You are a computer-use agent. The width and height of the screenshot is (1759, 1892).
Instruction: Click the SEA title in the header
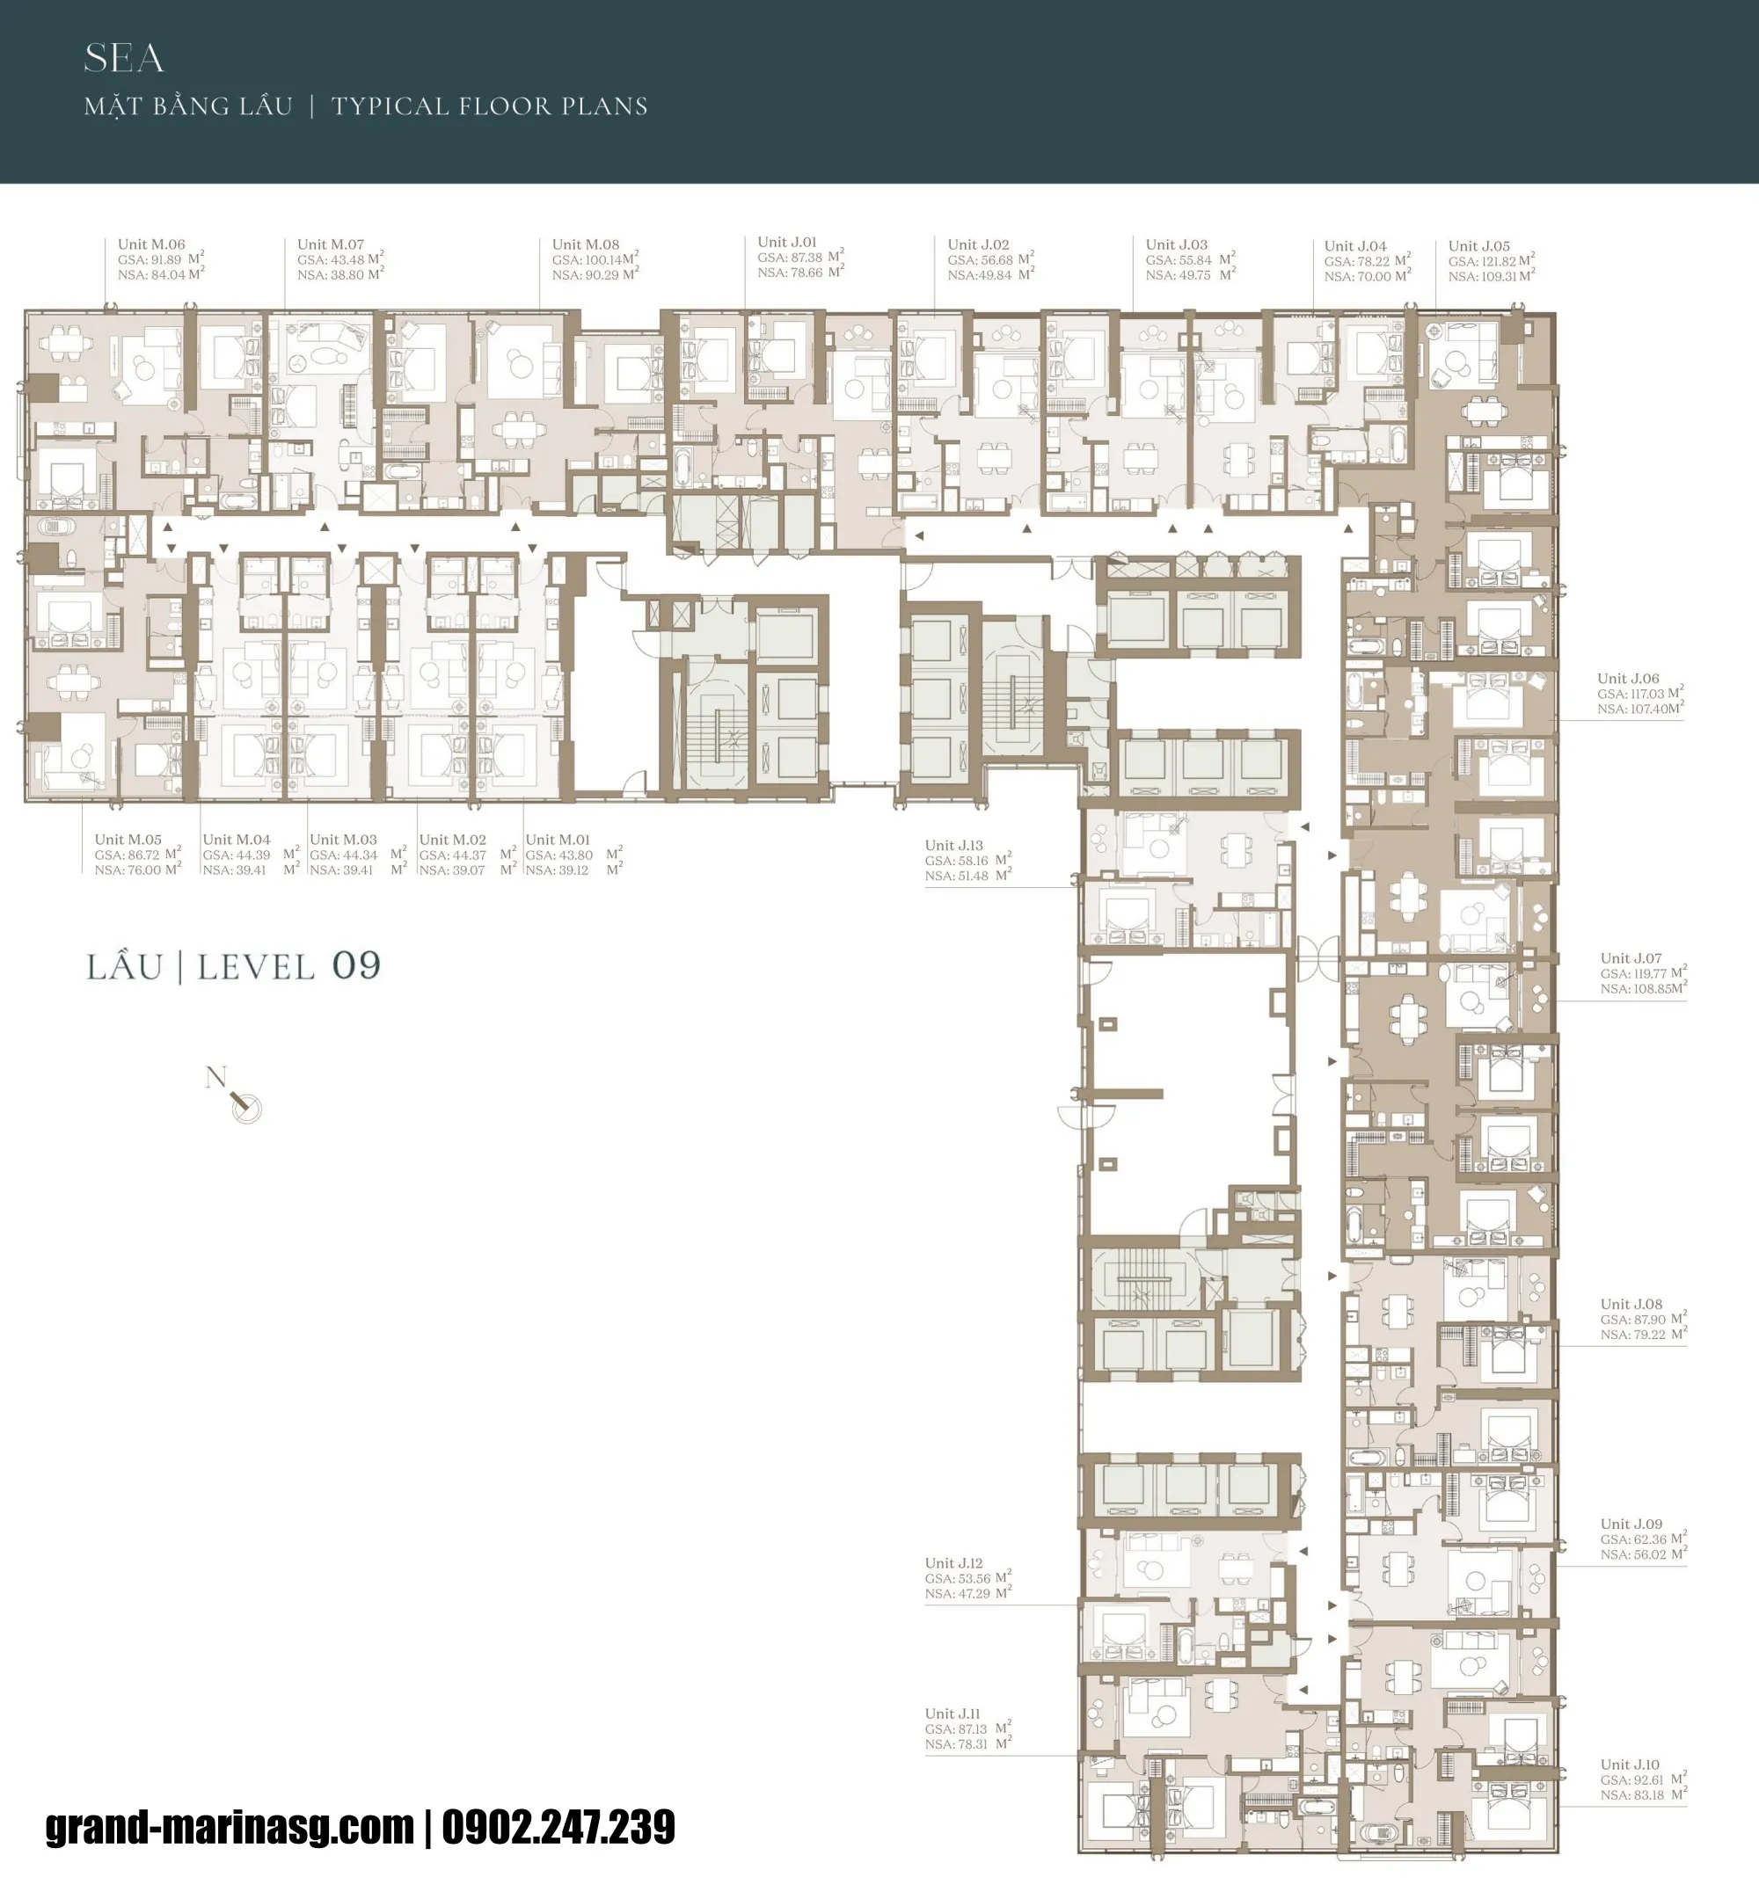point(124,59)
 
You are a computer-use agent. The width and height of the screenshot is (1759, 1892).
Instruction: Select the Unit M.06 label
point(151,244)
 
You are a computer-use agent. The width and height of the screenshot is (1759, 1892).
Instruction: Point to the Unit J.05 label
point(1479,245)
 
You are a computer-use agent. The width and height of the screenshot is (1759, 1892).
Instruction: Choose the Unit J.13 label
point(953,845)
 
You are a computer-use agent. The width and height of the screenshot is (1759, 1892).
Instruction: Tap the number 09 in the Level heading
point(356,966)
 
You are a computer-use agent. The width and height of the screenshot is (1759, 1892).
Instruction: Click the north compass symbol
point(244,1104)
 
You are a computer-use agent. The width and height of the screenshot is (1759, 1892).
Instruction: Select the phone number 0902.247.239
point(558,1826)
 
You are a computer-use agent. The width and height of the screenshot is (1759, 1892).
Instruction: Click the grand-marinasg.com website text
point(230,1826)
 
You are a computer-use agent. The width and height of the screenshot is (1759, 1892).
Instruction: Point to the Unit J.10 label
point(1630,1765)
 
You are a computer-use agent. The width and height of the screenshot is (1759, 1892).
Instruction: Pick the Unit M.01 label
point(558,840)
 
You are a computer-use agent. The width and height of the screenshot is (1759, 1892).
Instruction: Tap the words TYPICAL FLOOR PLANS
point(489,106)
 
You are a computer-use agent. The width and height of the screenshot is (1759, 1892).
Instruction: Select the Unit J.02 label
point(979,244)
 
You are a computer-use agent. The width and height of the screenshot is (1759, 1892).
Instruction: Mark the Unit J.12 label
point(953,1562)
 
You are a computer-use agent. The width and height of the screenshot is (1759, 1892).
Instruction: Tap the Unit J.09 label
point(1631,1524)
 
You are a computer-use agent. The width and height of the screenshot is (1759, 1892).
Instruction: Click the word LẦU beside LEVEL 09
point(125,967)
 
